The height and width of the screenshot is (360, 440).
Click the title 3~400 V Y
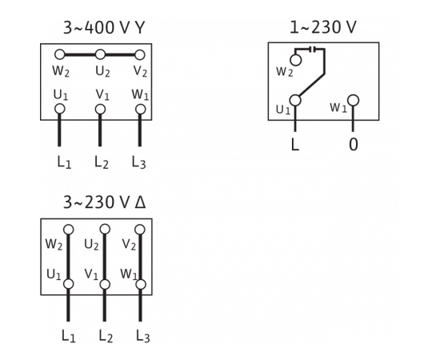[104, 28]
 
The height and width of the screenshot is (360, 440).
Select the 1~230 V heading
[323, 28]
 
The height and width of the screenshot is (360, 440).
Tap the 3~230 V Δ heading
[104, 202]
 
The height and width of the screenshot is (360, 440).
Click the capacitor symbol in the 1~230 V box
[314, 49]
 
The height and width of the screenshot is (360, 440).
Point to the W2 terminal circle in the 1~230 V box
[296, 60]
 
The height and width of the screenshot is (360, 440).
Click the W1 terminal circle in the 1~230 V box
[354, 100]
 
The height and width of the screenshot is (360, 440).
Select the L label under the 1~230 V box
[295, 145]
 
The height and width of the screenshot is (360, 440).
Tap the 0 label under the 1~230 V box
[354, 145]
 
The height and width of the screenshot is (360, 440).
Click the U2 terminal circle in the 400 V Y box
[100, 54]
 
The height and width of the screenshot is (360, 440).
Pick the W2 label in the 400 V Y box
[60, 72]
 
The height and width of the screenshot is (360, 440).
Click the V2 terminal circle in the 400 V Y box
[140, 54]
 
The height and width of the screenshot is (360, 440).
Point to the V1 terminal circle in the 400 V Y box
[100, 109]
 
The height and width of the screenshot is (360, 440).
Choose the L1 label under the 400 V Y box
[64, 162]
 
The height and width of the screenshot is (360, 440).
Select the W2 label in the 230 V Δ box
[54, 244]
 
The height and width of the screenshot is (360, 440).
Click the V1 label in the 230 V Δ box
[91, 274]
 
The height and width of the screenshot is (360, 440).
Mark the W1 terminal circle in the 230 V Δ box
[141, 284]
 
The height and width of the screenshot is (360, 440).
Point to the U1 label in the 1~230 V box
[282, 110]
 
